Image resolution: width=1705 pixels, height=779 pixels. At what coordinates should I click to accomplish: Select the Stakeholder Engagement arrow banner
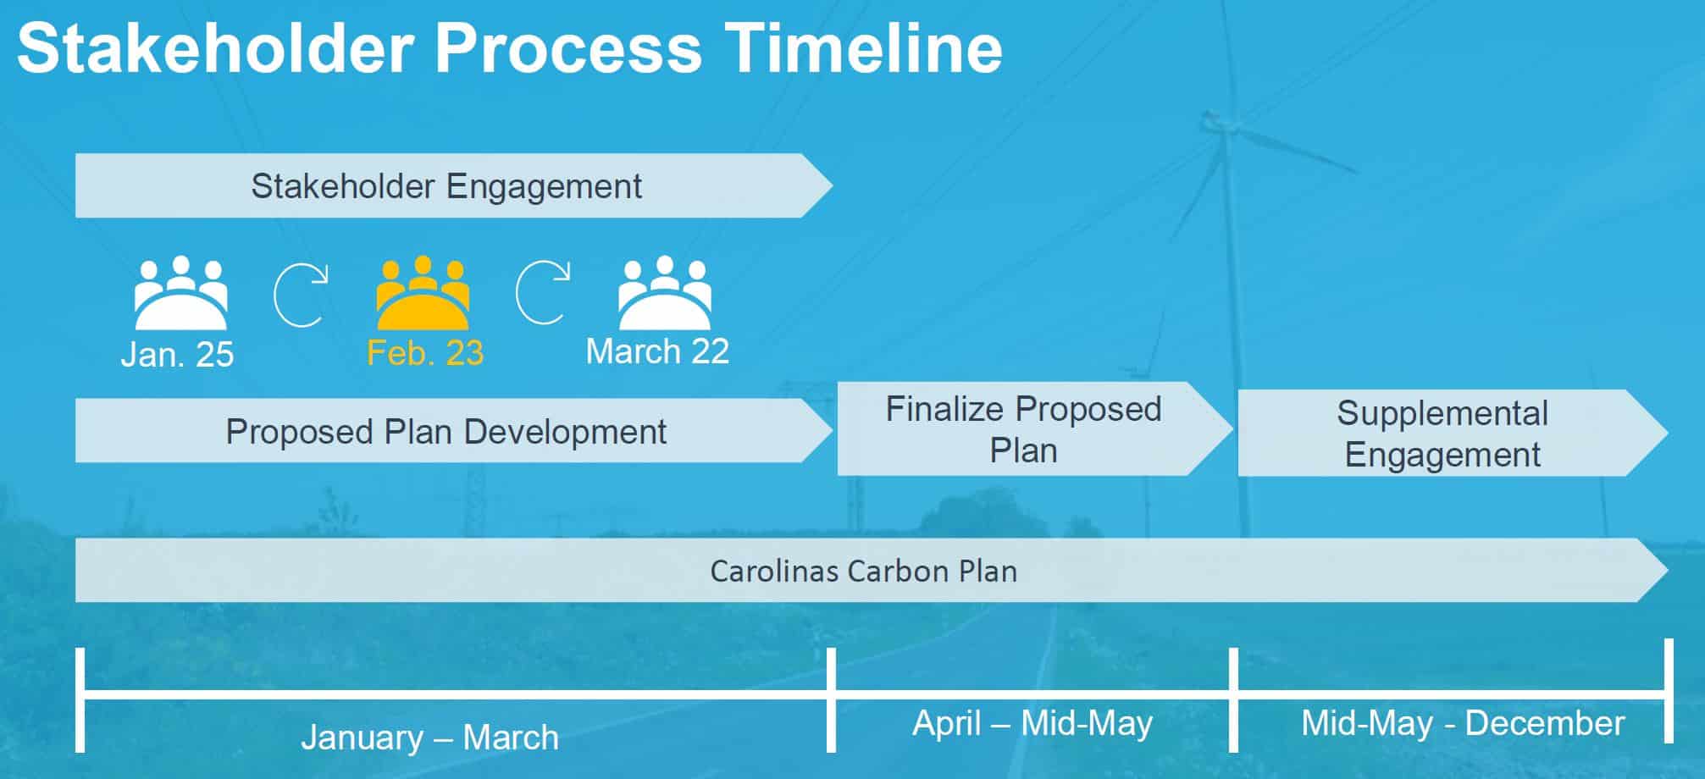click(x=454, y=185)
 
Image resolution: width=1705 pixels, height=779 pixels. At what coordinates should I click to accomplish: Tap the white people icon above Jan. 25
click(x=180, y=292)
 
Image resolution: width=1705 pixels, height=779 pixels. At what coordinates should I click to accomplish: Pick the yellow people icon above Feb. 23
click(x=423, y=292)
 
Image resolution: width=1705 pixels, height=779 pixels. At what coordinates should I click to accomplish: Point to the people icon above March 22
click(x=665, y=292)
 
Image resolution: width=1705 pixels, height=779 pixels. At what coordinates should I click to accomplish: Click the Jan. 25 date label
click(x=177, y=354)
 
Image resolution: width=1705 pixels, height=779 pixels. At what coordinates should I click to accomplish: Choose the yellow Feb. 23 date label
click(x=425, y=353)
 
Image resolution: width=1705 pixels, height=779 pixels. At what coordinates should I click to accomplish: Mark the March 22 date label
click(x=657, y=351)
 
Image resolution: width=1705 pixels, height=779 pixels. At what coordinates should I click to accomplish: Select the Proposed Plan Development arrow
click(x=454, y=431)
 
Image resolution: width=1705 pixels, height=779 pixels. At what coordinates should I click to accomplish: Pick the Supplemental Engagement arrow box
click(x=1453, y=433)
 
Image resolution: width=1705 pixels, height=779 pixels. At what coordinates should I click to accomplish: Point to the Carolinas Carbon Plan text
click(x=864, y=571)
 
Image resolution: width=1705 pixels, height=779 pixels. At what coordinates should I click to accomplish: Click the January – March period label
click(x=430, y=738)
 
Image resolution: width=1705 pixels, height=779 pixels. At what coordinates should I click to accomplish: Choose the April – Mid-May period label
click(x=1032, y=723)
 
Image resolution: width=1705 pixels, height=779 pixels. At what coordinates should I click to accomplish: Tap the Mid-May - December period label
click(x=1463, y=723)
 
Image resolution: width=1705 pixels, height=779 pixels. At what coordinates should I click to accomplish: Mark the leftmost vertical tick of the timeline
click(x=80, y=700)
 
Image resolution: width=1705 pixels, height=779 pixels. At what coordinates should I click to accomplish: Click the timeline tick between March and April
click(x=831, y=700)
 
